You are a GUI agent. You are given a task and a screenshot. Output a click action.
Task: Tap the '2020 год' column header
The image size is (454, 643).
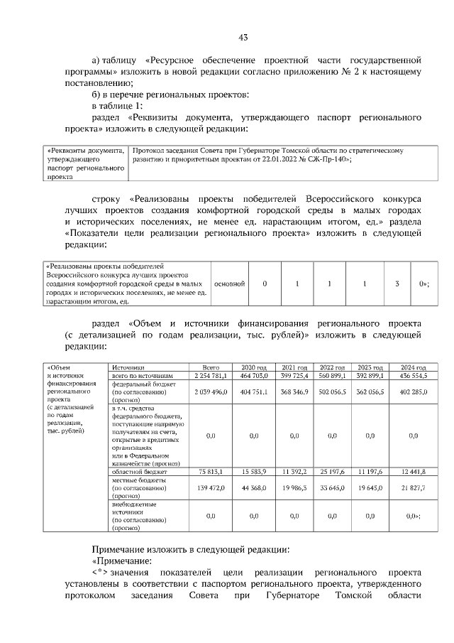[254, 367]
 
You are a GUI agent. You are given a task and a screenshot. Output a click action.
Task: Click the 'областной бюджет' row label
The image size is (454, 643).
[140, 471]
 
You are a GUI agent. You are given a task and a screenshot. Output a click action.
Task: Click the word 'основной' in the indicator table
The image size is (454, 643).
[229, 284]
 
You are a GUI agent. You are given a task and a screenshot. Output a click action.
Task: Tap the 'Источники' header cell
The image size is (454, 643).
[128, 367]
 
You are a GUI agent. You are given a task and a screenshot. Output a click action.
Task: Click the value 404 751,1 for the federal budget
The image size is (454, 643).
[254, 391]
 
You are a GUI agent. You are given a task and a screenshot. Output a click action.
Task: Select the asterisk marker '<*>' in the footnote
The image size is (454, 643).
[100, 573]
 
